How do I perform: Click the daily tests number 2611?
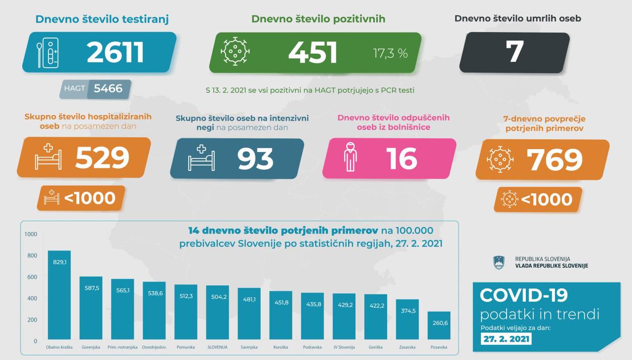click(115, 52)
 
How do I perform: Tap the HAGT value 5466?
click(108, 89)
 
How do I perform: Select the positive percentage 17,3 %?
click(390, 53)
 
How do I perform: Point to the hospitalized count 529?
click(102, 158)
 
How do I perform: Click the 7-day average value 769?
click(554, 159)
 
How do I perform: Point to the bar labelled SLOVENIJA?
click(217, 313)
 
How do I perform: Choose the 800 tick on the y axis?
click(32, 255)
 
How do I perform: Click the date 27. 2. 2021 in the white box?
click(506, 339)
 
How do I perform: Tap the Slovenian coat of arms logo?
click(499, 262)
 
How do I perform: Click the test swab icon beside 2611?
click(48, 53)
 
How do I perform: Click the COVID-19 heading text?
click(523, 295)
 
